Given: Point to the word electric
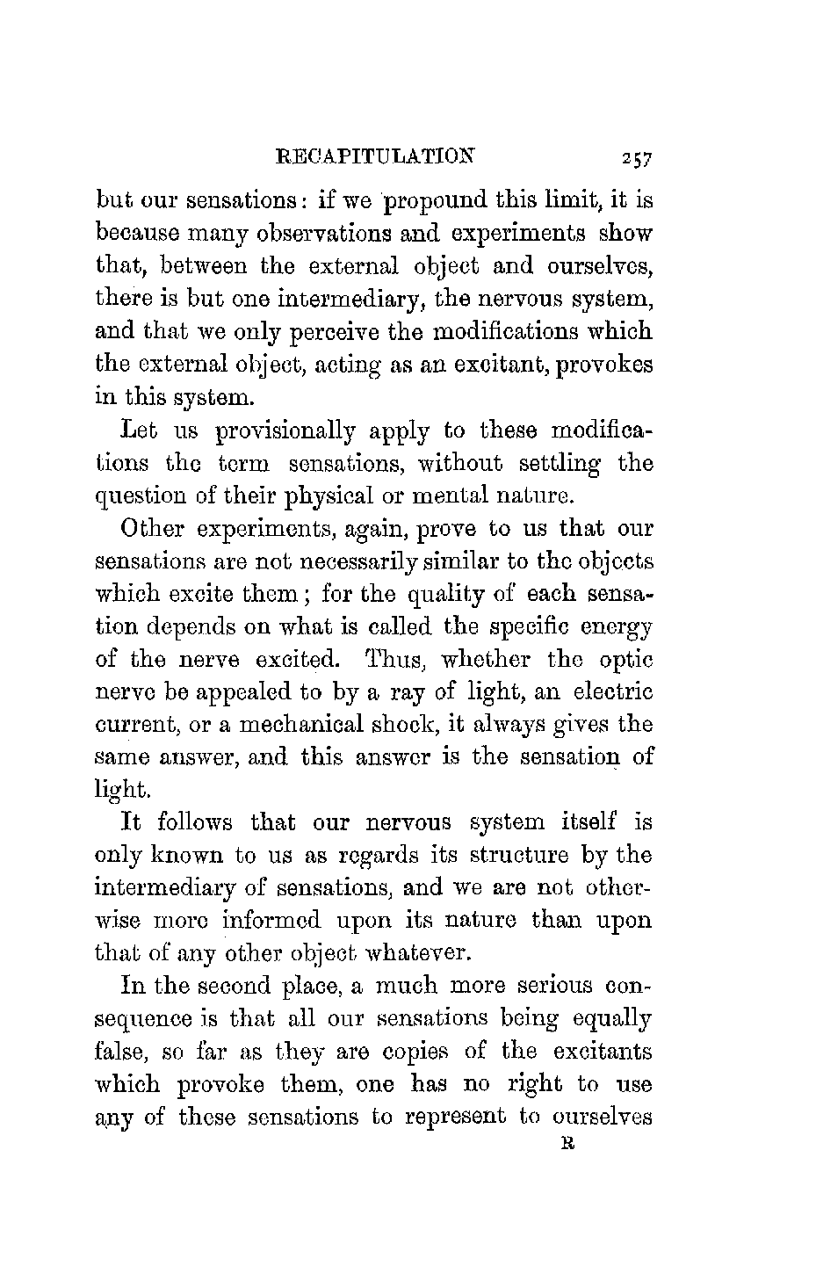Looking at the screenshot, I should pyautogui.click(x=612, y=692).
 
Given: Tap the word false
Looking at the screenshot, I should pyautogui.click(x=119, y=1051).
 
